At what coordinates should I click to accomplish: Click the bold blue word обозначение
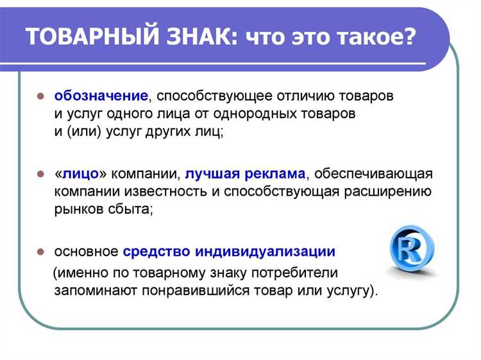(x=101, y=96)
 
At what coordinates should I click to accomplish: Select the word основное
(x=86, y=251)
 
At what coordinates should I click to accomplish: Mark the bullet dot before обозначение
(x=40, y=97)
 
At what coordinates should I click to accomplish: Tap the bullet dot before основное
(x=40, y=252)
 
